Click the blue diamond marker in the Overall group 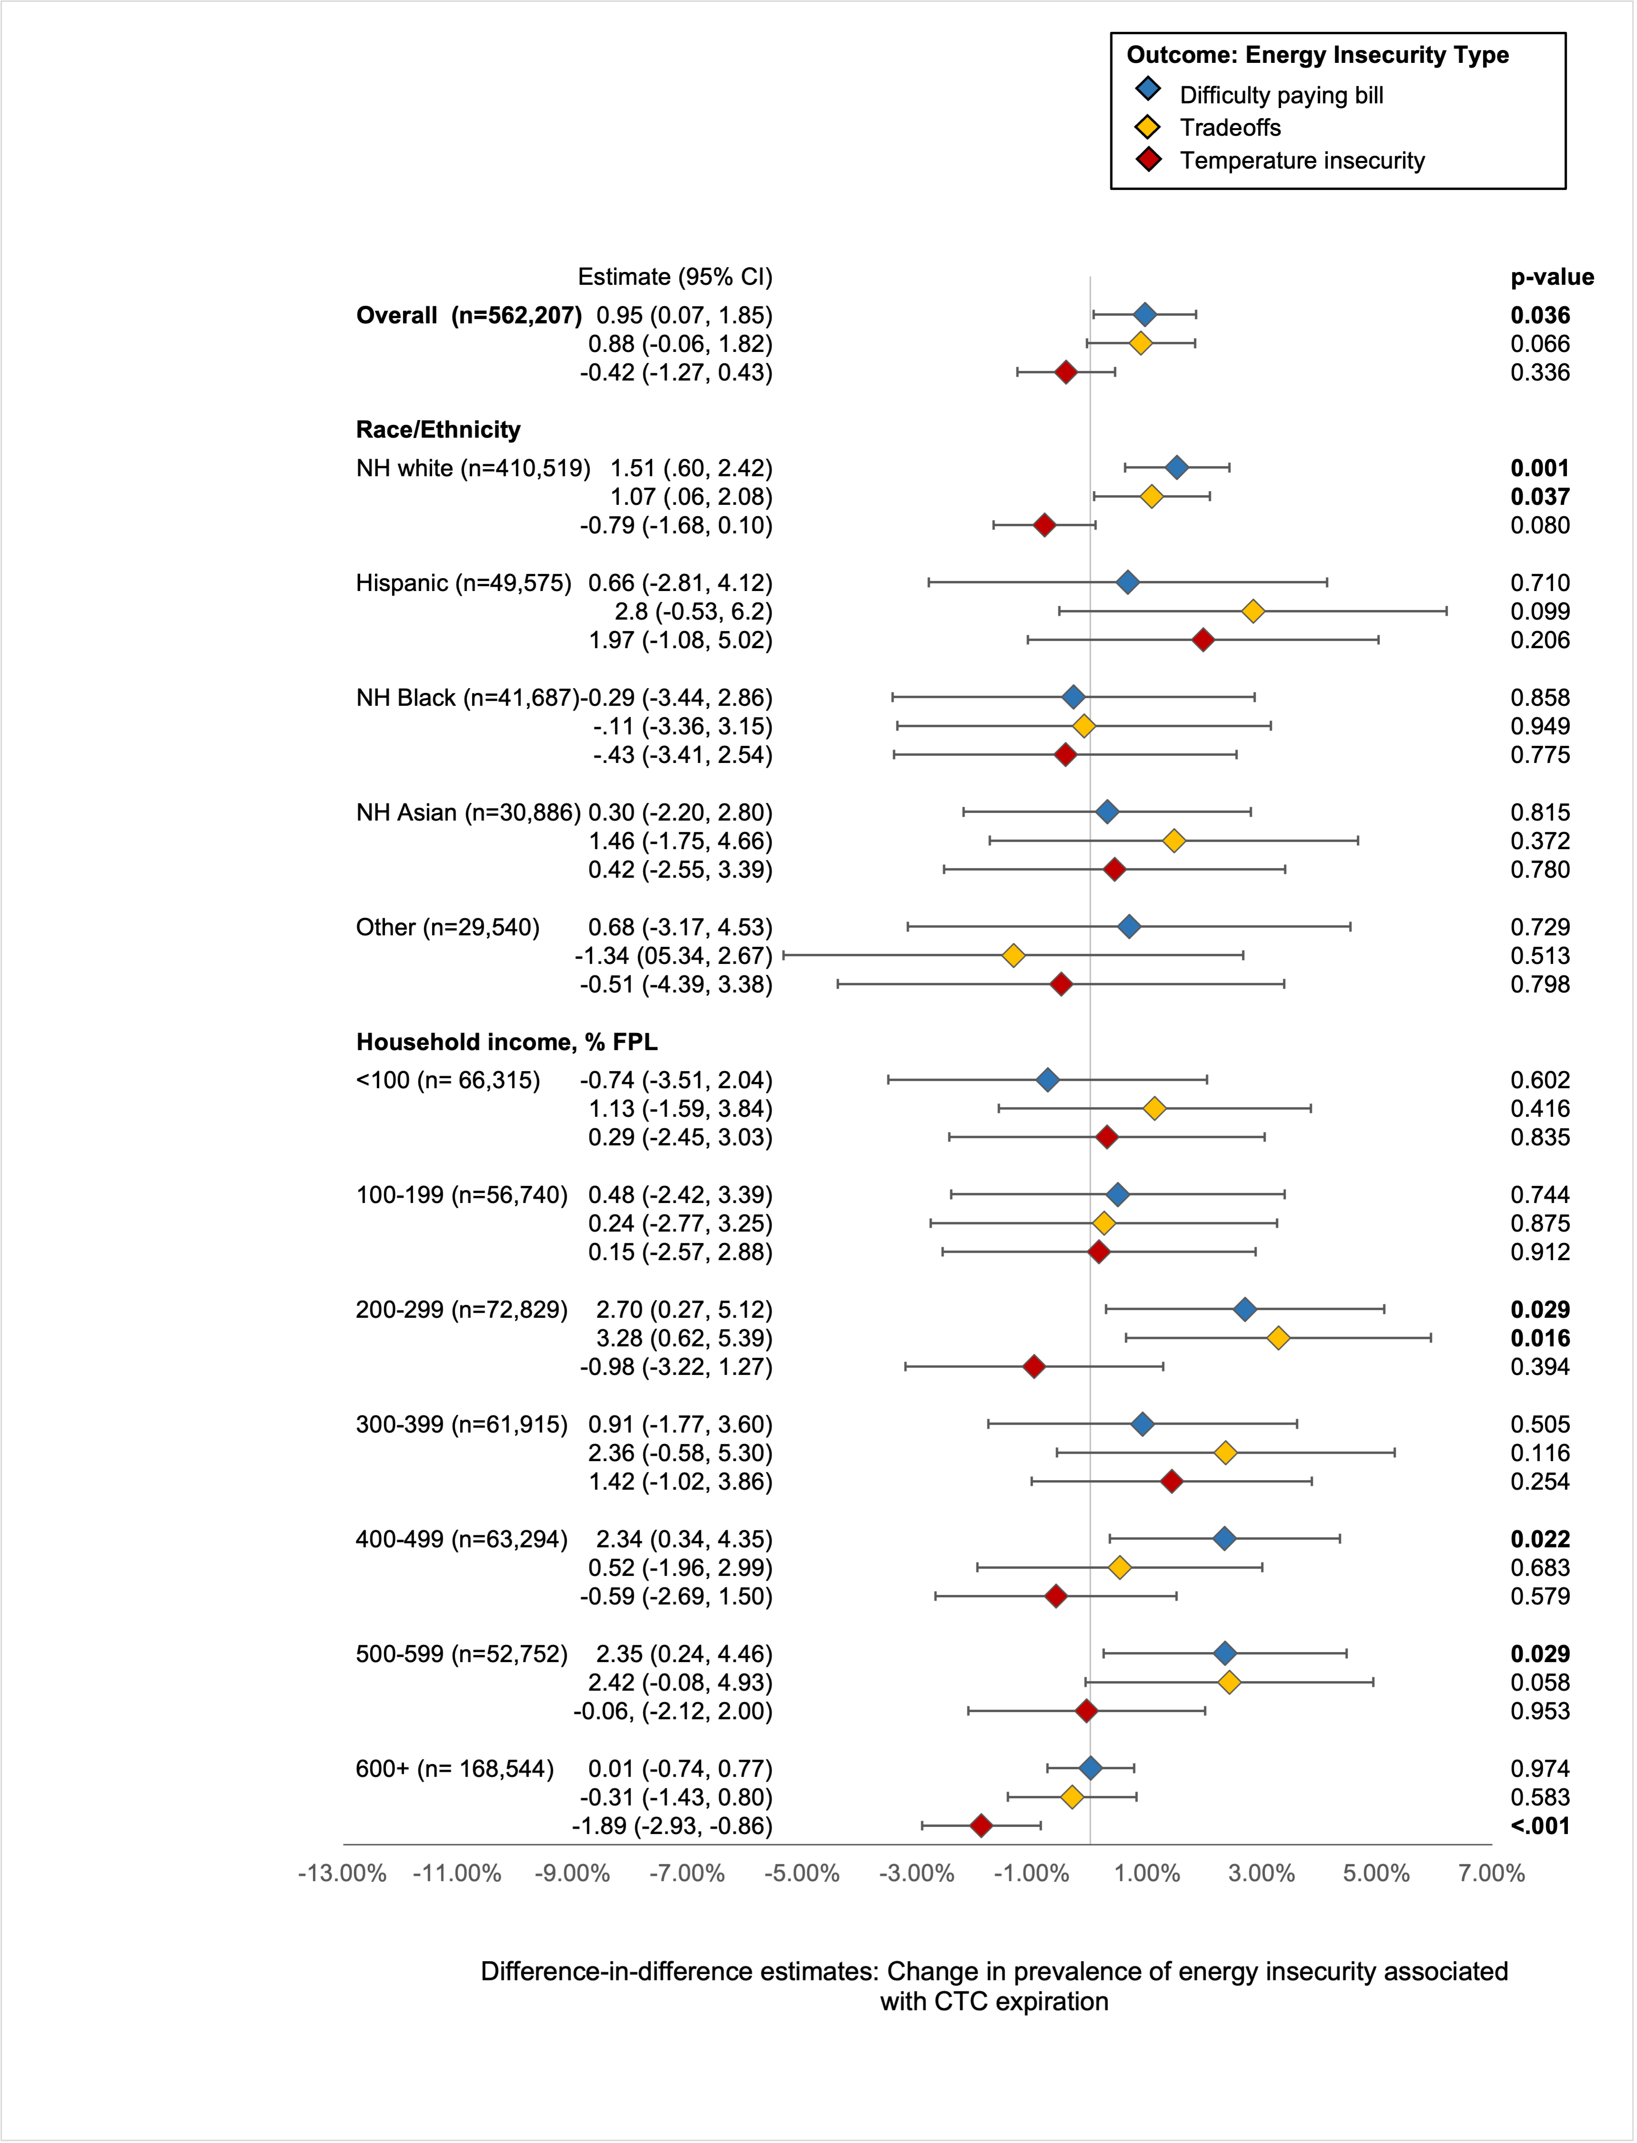click(x=1145, y=315)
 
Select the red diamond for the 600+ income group click(x=981, y=1825)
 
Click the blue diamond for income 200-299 click(x=1245, y=1309)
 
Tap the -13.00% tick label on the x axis click(x=342, y=1873)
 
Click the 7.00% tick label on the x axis click(x=1491, y=1873)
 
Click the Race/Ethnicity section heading click(x=439, y=430)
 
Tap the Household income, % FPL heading click(x=507, y=1042)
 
